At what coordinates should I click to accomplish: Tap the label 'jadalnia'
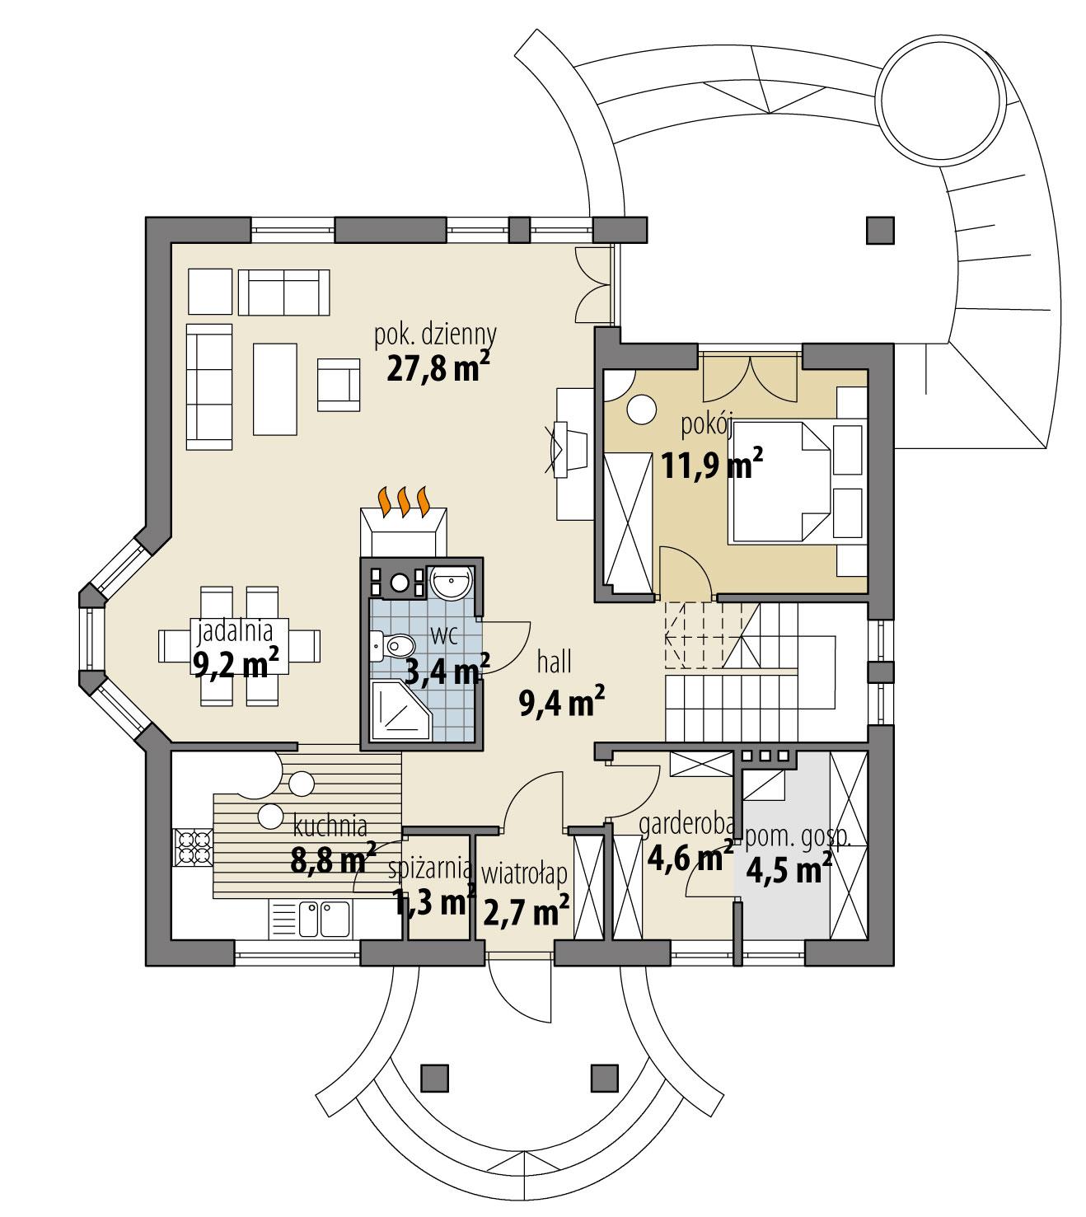point(234,632)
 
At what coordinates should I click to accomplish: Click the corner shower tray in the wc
point(399,711)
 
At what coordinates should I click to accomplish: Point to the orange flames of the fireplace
point(403,500)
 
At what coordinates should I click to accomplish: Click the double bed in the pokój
point(779,482)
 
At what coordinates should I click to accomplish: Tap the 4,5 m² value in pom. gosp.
point(787,869)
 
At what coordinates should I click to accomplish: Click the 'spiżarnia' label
point(430,868)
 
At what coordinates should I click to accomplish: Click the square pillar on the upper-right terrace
point(880,230)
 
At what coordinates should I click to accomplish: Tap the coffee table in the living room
point(274,390)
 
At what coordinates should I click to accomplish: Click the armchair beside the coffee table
point(339,384)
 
